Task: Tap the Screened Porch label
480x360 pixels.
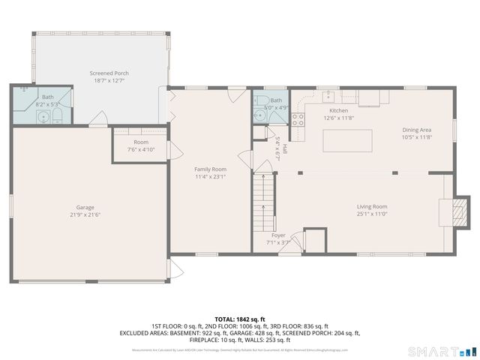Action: click(106, 73)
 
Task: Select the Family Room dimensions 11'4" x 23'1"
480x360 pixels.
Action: click(210, 178)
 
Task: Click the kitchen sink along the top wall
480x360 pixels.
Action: click(328, 96)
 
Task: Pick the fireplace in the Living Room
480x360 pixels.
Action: click(453, 213)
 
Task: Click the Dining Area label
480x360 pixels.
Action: click(416, 129)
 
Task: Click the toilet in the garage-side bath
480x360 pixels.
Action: click(55, 116)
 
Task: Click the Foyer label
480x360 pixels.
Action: click(278, 235)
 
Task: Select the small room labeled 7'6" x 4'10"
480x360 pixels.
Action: click(141, 145)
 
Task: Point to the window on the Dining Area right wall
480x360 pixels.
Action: click(454, 129)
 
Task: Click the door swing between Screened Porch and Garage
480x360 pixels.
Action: click(97, 118)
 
